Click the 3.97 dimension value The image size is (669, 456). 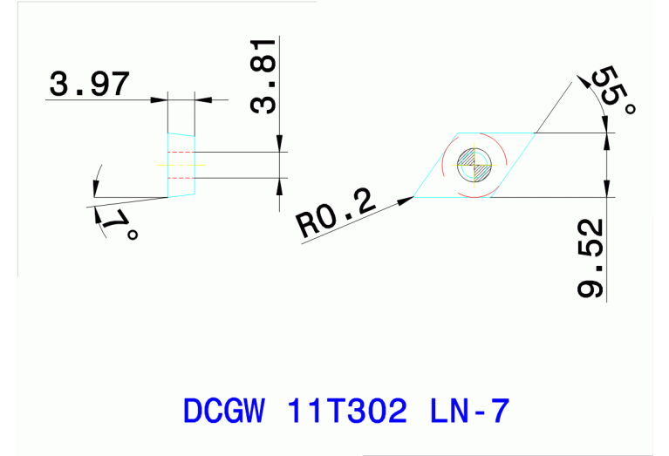coord(90,84)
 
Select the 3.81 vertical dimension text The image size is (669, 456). coord(263,76)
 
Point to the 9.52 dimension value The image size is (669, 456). coord(591,258)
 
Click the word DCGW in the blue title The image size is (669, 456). coord(222,410)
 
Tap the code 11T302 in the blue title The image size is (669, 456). coord(345,410)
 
